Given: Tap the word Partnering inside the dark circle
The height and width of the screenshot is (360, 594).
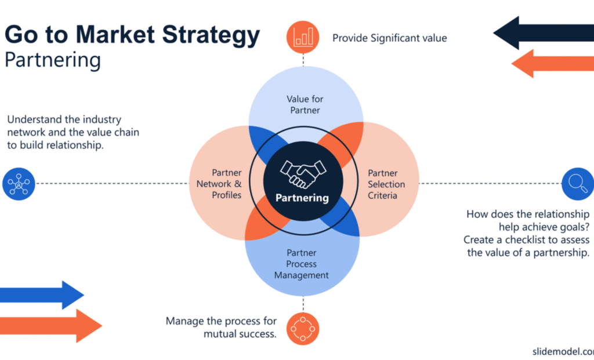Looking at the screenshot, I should (x=302, y=198).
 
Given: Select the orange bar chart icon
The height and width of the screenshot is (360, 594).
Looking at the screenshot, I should (x=303, y=37).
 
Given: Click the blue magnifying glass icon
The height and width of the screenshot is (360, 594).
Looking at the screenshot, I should (x=578, y=183).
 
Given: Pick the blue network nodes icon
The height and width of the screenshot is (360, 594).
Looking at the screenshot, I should (x=19, y=183).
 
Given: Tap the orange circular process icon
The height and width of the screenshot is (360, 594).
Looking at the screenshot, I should (x=303, y=329).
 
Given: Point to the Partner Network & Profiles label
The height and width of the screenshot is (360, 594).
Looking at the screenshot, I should (x=219, y=184).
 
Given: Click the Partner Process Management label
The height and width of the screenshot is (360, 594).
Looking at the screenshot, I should (x=302, y=264).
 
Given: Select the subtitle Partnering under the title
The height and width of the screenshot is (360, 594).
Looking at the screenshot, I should (x=52, y=60).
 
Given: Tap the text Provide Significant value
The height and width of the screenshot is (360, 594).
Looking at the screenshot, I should (x=389, y=38).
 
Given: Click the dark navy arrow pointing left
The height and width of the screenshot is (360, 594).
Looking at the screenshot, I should (x=542, y=33).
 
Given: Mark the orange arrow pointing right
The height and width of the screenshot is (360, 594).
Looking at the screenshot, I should (x=49, y=325).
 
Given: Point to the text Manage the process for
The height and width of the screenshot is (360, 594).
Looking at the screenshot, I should (x=221, y=321).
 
